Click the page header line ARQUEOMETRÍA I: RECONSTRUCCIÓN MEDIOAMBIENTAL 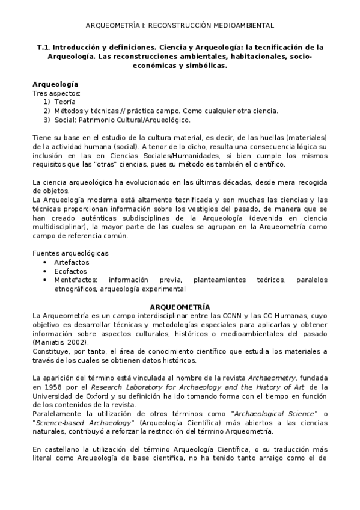coord(180,25)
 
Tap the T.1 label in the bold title coord(42,46)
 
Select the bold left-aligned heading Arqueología coord(55,84)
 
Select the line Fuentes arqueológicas coord(70,253)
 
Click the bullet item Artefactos coord(71,262)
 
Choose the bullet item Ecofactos coord(70,271)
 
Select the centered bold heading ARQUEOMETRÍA coord(180,306)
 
